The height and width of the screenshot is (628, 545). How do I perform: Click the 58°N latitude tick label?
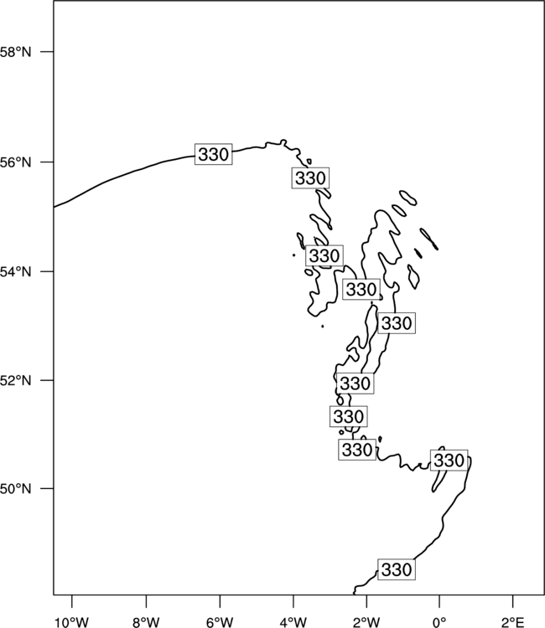click(x=15, y=52)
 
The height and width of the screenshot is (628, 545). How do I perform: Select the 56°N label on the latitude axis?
click(x=15, y=162)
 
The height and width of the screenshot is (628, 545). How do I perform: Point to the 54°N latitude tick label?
click(x=15, y=271)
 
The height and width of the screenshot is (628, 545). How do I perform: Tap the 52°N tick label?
click(x=15, y=380)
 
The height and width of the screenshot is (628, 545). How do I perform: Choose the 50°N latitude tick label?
click(x=15, y=489)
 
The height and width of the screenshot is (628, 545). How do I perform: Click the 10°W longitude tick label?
click(x=72, y=622)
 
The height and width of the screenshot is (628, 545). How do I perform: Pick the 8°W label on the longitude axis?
click(x=146, y=622)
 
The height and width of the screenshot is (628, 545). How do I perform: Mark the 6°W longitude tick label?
click(x=220, y=622)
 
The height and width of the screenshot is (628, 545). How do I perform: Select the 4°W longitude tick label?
click(x=293, y=622)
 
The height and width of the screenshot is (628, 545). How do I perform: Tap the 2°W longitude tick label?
click(x=366, y=622)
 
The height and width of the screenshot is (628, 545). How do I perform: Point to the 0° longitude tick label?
click(x=439, y=622)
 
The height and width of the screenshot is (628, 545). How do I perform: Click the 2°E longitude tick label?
click(x=513, y=622)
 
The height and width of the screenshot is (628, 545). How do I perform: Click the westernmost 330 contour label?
click(x=213, y=154)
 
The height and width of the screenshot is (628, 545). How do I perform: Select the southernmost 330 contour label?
click(x=397, y=569)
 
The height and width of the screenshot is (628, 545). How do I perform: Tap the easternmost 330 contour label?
click(x=449, y=461)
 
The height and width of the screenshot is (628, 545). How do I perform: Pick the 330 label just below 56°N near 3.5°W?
click(x=310, y=178)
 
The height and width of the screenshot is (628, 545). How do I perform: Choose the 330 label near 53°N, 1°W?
click(x=397, y=323)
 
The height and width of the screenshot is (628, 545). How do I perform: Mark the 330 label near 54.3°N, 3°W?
click(x=324, y=255)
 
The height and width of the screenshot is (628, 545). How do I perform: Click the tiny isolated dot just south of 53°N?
click(x=323, y=327)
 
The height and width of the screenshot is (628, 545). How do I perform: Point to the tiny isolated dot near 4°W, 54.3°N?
click(x=294, y=255)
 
